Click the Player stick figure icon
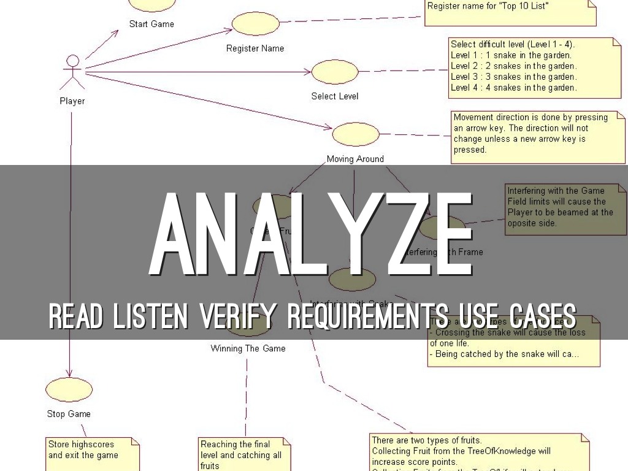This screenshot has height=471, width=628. coord(73,72)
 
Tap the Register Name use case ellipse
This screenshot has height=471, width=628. coord(255,24)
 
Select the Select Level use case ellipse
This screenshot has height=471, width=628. coord(335,72)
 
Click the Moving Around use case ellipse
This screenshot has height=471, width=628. coord(355,134)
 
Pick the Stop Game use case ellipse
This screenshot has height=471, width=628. coord(69,389)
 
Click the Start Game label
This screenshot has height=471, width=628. coord(151,25)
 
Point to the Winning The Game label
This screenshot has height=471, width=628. coord(248,348)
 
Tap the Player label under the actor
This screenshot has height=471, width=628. coord(72,101)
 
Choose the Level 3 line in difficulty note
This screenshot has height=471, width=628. coord(513,77)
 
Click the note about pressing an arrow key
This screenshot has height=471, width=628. coord(537,134)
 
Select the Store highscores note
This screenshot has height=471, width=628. coord(92,453)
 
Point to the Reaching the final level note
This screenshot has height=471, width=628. coord(243,454)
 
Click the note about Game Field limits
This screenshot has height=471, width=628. coord(564,207)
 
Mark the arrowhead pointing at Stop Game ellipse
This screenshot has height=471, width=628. coord(69,373)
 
